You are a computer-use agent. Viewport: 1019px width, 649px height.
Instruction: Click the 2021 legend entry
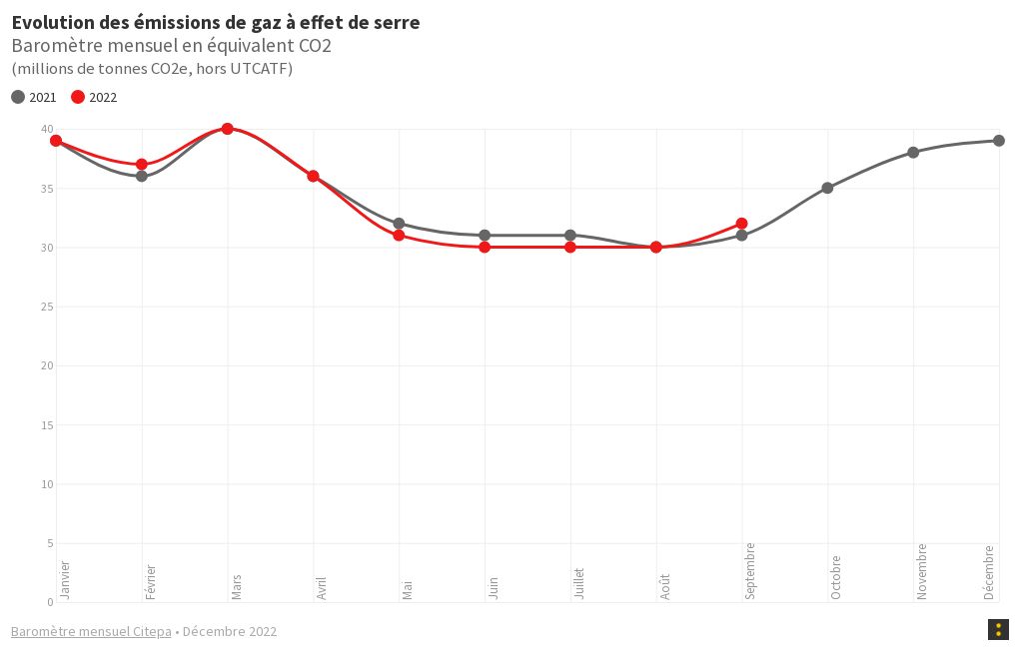(x=34, y=97)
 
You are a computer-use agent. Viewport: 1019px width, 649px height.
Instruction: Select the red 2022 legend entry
(x=94, y=97)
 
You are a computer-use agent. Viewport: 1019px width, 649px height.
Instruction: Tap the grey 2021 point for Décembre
(x=998, y=141)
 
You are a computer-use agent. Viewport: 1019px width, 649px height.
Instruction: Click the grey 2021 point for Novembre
(x=913, y=153)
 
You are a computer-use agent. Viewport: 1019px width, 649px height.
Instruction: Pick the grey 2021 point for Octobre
(x=827, y=188)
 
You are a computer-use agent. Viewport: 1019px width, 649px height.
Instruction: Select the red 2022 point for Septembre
(x=741, y=224)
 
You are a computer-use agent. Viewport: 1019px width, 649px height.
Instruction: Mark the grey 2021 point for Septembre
(x=741, y=236)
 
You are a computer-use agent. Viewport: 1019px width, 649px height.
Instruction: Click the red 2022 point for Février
(x=142, y=165)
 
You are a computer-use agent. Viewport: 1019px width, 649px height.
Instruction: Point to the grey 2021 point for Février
(x=142, y=177)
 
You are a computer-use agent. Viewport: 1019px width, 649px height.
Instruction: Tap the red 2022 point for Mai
(x=399, y=236)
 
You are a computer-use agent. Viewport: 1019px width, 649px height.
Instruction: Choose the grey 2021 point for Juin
(x=485, y=236)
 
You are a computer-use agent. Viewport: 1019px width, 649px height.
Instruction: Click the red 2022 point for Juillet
(x=569, y=248)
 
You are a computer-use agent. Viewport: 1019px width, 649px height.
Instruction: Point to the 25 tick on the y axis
(x=46, y=307)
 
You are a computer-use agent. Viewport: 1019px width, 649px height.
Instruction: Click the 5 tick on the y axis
(x=49, y=543)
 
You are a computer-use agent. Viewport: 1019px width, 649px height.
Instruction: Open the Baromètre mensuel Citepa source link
(x=91, y=631)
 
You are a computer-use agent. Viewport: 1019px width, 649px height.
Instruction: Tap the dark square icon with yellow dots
(x=997, y=629)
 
